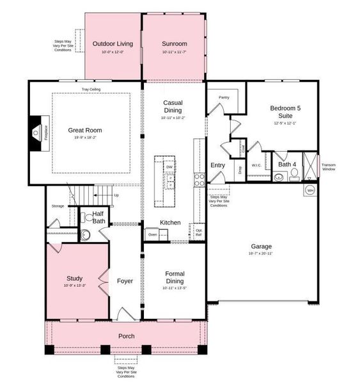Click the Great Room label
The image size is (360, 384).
pos(85,130)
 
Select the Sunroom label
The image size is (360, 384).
pos(174,44)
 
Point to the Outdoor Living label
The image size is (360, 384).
pos(113,44)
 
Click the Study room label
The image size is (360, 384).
pos(75,278)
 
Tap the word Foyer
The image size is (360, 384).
pos(125,281)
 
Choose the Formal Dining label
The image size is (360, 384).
pos(174,277)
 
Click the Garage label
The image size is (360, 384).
pos(261,246)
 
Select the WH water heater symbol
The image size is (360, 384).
pos(310,190)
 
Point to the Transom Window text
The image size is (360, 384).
pos(328,166)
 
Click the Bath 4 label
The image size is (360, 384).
pos(287,164)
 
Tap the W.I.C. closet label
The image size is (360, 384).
pos(256,165)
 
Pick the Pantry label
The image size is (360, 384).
pos(224,97)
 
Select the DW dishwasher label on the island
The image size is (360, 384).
pos(169,167)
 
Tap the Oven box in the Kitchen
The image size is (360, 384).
pos(152,235)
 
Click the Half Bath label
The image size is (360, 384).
pos(98,218)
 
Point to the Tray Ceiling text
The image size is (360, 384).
pos(90,90)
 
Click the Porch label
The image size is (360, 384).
pos(127,336)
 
